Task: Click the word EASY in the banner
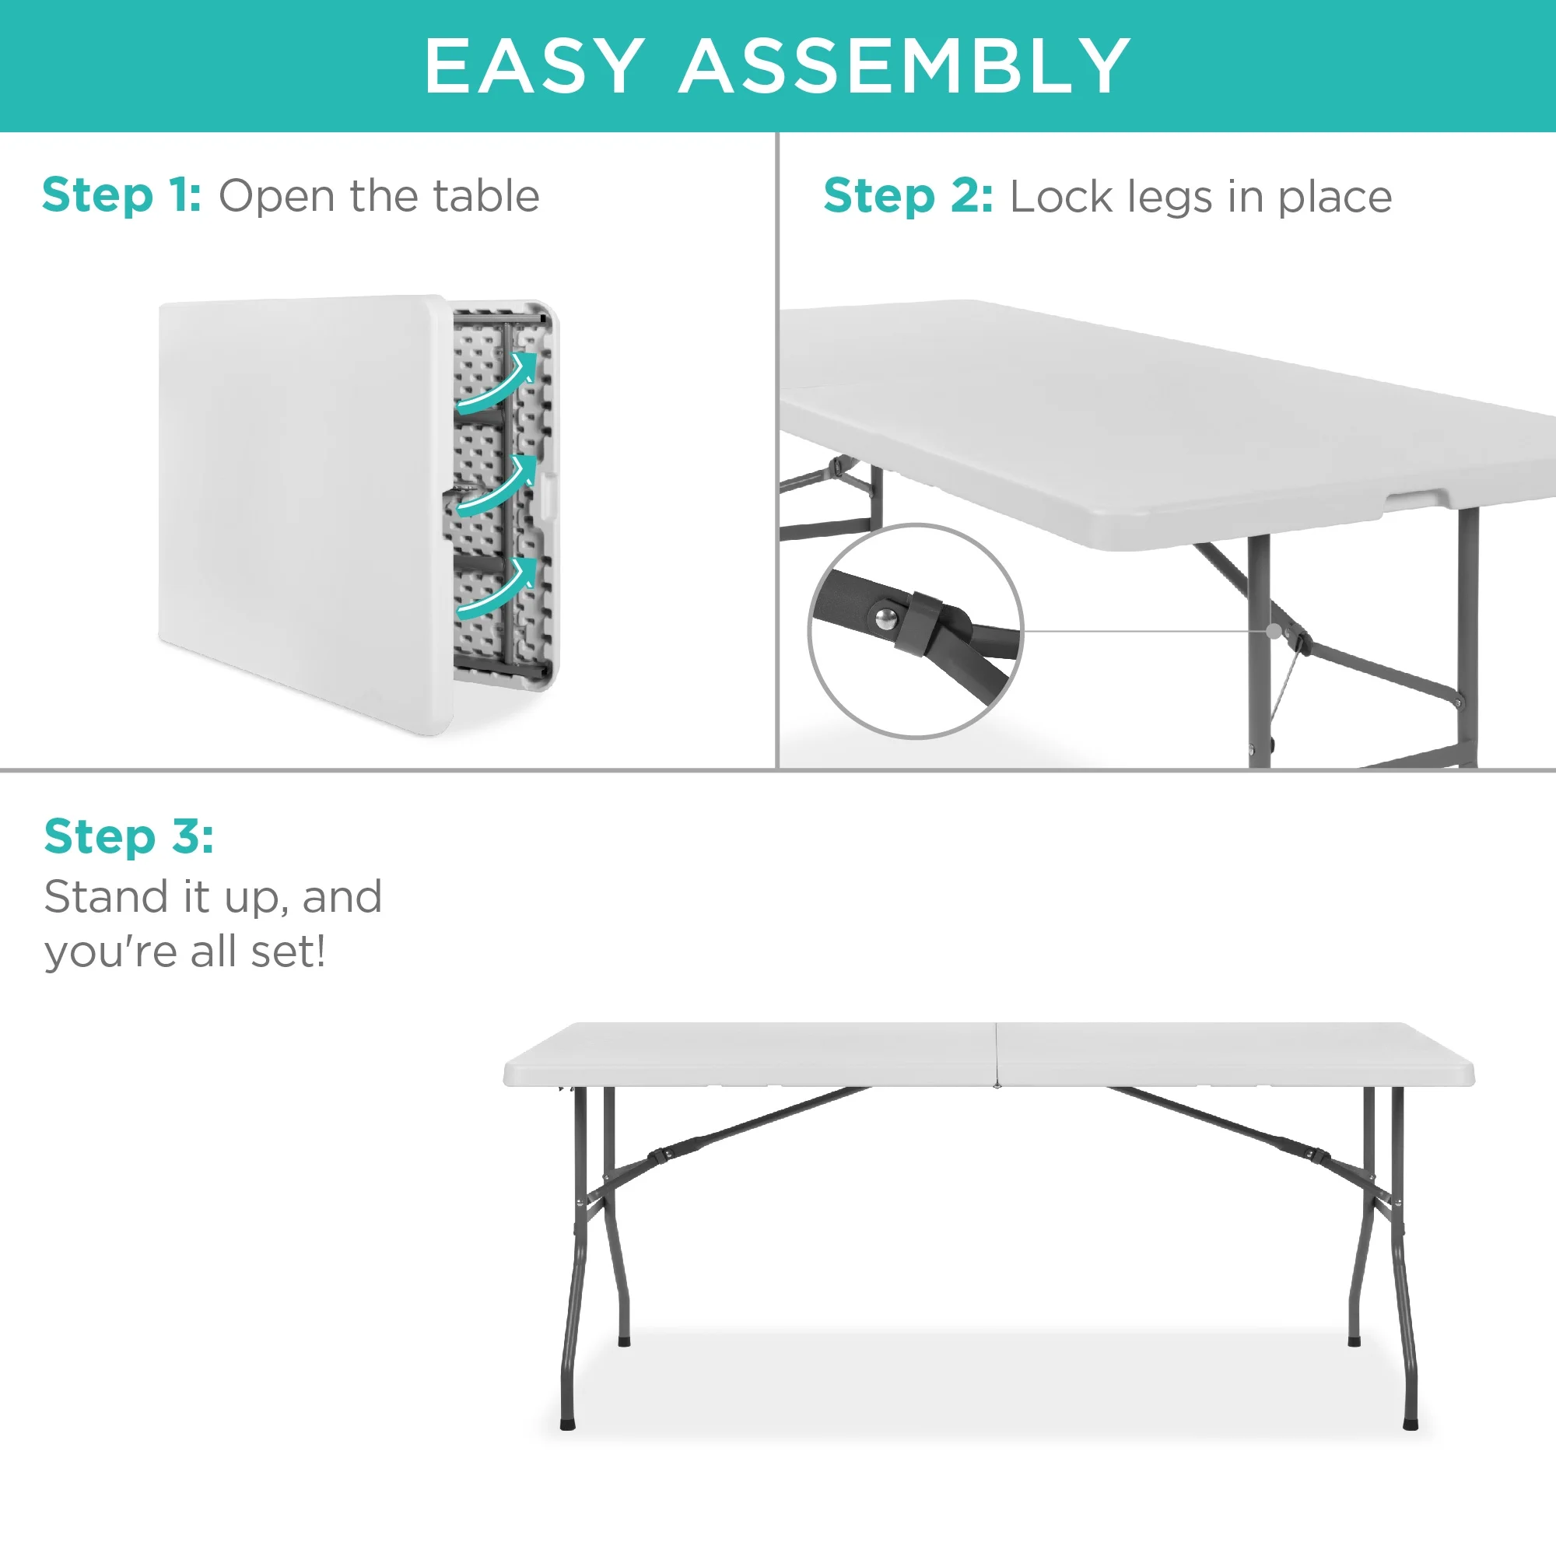coord(534,65)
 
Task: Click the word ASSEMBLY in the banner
coord(906,65)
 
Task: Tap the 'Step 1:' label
coord(121,196)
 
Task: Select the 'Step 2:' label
coord(908,197)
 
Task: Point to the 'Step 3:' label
coord(129,836)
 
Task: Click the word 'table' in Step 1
coord(486,196)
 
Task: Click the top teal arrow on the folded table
coord(498,381)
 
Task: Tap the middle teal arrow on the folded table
coord(498,485)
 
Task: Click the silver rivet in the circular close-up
coord(886,618)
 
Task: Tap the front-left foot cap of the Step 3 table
coord(568,1424)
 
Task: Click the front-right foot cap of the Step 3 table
coord(1411,1424)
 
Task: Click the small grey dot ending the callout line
coord(1274,632)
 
